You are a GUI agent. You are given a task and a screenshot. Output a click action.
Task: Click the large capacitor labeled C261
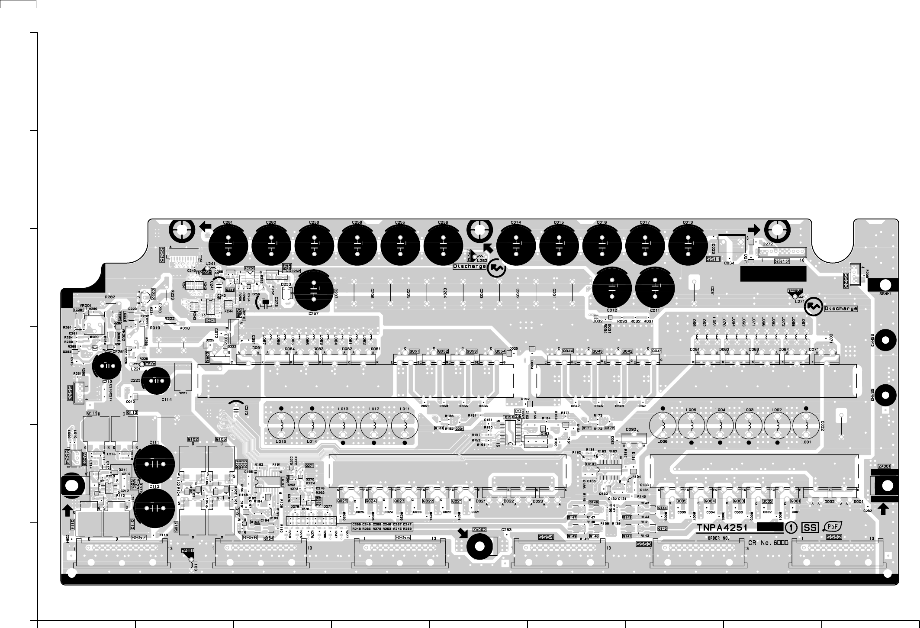pos(228,245)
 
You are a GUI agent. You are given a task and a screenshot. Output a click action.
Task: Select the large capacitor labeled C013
pos(688,245)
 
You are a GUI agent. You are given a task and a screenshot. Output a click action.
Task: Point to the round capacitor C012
pos(612,287)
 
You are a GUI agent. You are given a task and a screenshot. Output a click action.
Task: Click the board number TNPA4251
pos(725,528)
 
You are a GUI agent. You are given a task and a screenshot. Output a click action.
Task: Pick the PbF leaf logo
pos(833,527)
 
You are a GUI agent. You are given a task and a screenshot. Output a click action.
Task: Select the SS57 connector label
pos(139,537)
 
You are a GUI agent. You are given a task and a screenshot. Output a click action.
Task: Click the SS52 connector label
pos(834,537)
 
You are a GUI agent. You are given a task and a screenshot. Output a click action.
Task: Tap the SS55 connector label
pos(403,537)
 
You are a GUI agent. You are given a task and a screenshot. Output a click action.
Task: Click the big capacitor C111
pos(154,464)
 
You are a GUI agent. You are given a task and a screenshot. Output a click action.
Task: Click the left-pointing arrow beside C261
pos(206,226)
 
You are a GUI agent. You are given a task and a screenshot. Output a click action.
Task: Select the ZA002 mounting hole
pos(479,546)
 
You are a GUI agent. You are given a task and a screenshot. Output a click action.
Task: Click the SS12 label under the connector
pos(782,261)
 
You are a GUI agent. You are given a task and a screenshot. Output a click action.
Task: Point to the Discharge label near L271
pos(841,309)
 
